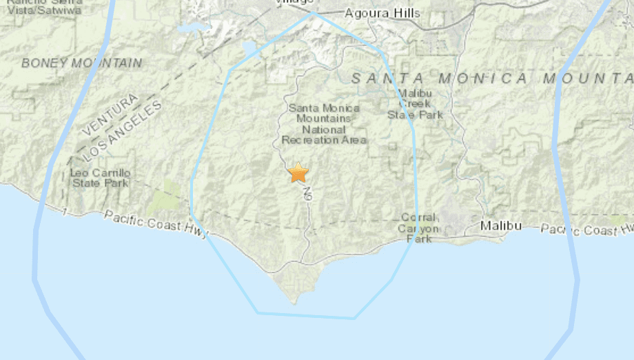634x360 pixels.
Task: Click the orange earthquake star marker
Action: [298, 172]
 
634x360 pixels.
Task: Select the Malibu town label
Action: [501, 226]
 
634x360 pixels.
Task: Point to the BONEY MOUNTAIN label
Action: [81, 63]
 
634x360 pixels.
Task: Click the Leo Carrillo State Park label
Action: [99, 177]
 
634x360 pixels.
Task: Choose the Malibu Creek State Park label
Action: [415, 104]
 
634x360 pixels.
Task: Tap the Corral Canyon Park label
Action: [418, 227]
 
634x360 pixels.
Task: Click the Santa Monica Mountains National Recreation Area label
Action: [324, 124]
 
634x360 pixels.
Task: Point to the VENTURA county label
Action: [110, 115]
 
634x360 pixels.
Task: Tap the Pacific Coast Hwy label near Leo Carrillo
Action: [156, 225]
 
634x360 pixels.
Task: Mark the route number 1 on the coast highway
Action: [64, 211]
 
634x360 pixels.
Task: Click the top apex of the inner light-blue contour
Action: [314, 12]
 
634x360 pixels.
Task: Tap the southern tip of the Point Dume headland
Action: [294, 301]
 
